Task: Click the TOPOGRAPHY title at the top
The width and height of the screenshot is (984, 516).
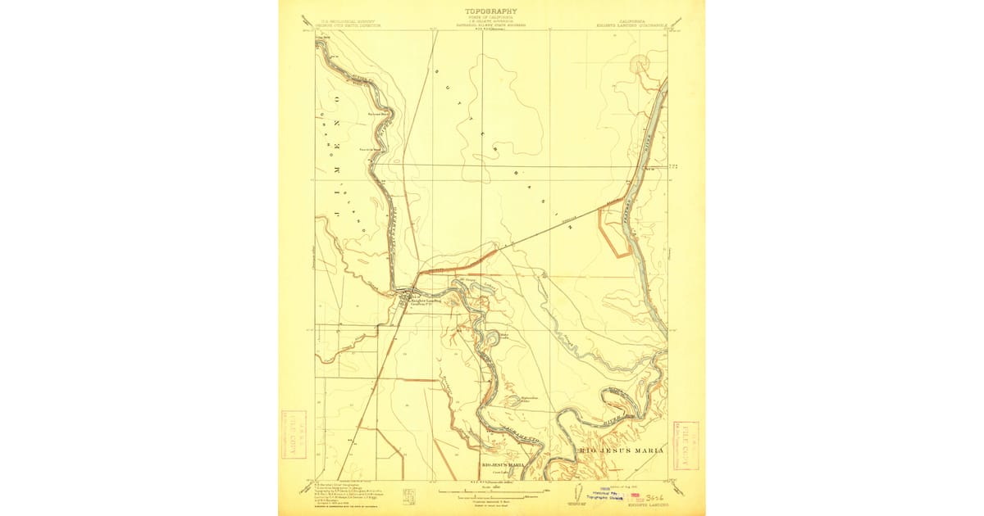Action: [x=491, y=11]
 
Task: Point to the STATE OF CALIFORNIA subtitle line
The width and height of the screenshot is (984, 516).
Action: [x=491, y=18]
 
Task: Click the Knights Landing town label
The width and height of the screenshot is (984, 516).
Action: [x=425, y=300]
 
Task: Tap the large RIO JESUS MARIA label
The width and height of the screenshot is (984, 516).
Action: [x=622, y=450]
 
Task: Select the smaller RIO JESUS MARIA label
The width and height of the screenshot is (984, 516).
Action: [x=503, y=464]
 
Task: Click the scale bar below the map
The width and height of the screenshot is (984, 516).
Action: [x=491, y=492]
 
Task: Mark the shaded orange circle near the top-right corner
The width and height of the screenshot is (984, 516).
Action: [x=639, y=64]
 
